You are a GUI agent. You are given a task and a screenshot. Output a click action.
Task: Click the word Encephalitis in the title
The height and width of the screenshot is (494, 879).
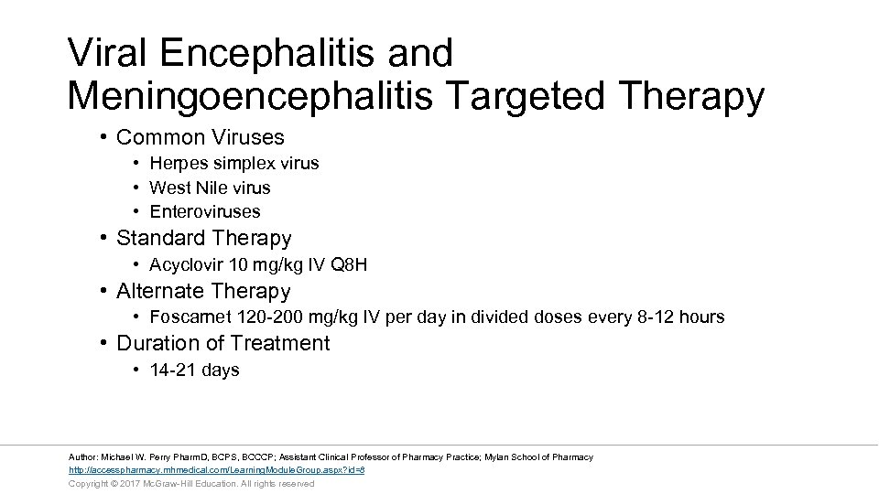tap(271, 53)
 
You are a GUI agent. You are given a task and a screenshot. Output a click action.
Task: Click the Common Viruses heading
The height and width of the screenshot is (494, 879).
tap(201, 137)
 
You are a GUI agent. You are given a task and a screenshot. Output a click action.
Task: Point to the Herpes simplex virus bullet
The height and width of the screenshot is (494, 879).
tap(234, 163)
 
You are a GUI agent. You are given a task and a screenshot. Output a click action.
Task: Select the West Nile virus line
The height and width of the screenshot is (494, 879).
tap(210, 188)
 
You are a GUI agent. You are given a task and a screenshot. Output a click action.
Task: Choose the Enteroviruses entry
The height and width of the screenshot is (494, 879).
tap(205, 211)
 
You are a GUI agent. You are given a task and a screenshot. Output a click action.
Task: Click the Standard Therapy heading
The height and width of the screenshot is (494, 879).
tap(204, 239)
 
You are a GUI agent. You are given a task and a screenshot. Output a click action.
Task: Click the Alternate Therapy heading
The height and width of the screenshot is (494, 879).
tap(203, 292)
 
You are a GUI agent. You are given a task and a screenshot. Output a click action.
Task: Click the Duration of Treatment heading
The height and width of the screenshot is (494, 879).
tap(223, 344)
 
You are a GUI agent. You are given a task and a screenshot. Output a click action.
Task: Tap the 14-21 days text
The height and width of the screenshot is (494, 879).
tap(194, 370)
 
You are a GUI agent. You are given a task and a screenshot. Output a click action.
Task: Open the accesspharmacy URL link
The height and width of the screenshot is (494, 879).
tap(217, 470)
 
